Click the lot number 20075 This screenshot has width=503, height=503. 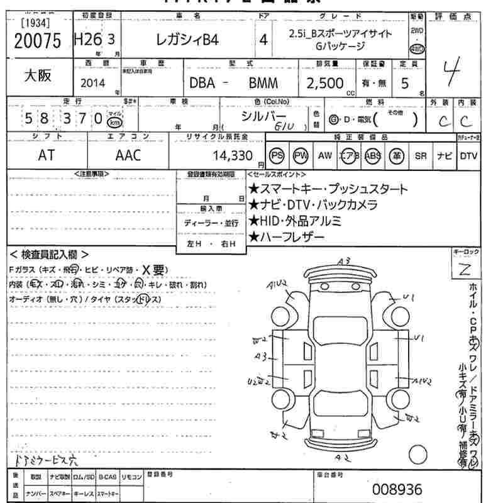click(x=37, y=41)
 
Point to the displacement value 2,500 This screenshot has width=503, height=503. click(x=324, y=83)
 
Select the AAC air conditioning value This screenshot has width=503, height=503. click(x=128, y=155)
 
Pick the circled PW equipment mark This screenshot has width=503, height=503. click(x=301, y=155)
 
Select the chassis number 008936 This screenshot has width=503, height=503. click(x=398, y=489)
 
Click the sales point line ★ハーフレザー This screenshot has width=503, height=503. click(x=287, y=237)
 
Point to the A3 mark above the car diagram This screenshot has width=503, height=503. click(x=343, y=260)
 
